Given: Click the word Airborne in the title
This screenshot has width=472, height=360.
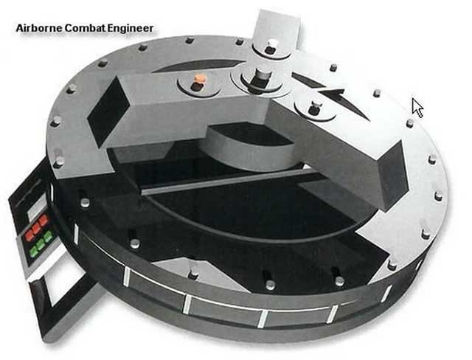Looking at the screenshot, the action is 39,28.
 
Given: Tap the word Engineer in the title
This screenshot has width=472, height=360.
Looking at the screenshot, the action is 131,29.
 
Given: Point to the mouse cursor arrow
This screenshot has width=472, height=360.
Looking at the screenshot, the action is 417,108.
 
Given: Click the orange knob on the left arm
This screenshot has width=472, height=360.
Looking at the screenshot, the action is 199,78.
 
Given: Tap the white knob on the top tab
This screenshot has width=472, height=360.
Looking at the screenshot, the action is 271,43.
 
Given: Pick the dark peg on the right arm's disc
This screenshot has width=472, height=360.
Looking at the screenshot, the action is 314,108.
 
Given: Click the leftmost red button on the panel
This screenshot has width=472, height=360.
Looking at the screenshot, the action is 29,235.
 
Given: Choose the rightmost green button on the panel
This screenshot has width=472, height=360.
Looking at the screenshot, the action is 47,236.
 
